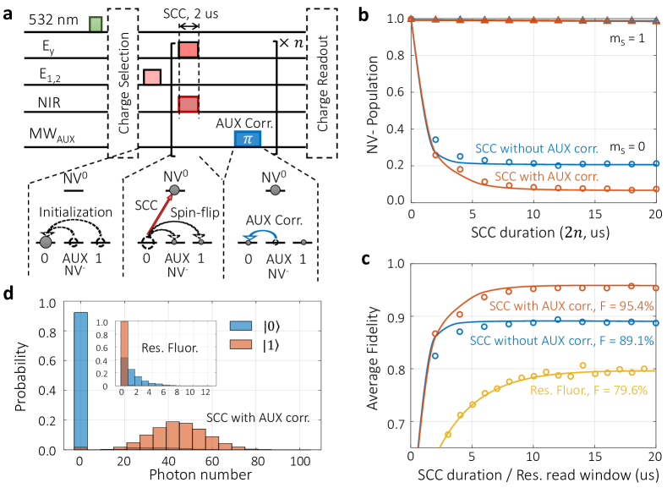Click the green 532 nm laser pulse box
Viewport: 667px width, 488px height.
(96, 23)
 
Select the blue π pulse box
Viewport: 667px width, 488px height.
(248, 140)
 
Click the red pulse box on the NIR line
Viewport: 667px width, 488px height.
(189, 105)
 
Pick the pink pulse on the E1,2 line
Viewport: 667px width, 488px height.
(152, 77)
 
